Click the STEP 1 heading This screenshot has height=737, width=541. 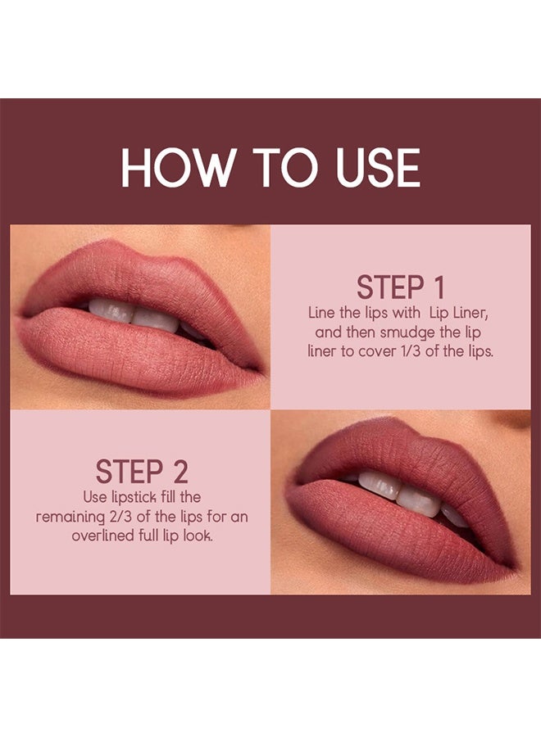[x=401, y=288]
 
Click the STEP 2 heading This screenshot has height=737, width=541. [x=142, y=472]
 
